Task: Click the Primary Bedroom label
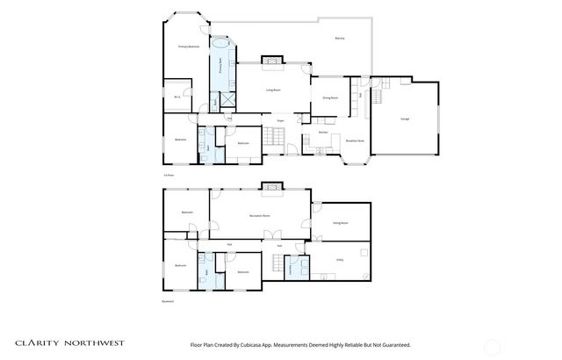(x=189, y=46)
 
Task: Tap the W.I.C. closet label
(x=177, y=97)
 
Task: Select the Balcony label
(x=339, y=39)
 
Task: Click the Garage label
(x=405, y=119)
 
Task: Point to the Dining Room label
(x=330, y=97)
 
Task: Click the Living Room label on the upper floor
(x=274, y=90)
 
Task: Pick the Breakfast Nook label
(x=355, y=140)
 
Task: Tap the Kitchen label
(x=311, y=132)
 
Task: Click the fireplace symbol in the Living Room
(x=272, y=61)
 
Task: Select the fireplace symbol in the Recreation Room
(x=271, y=187)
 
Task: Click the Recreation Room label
(x=259, y=214)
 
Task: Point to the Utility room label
(x=339, y=260)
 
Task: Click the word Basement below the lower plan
(x=167, y=301)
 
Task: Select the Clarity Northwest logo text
(x=70, y=344)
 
